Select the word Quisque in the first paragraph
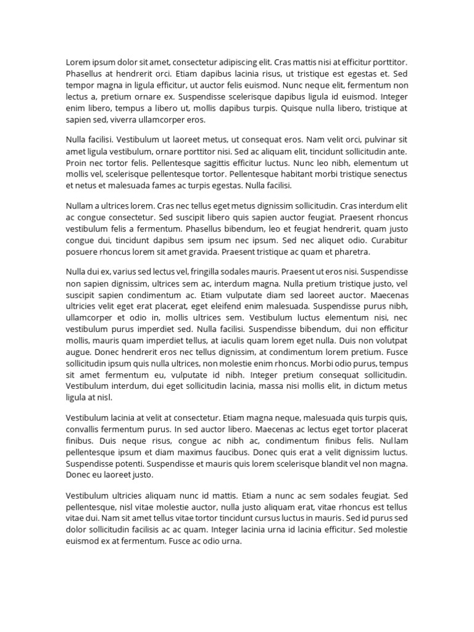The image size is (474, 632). click(x=298, y=108)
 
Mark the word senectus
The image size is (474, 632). click(x=389, y=174)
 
